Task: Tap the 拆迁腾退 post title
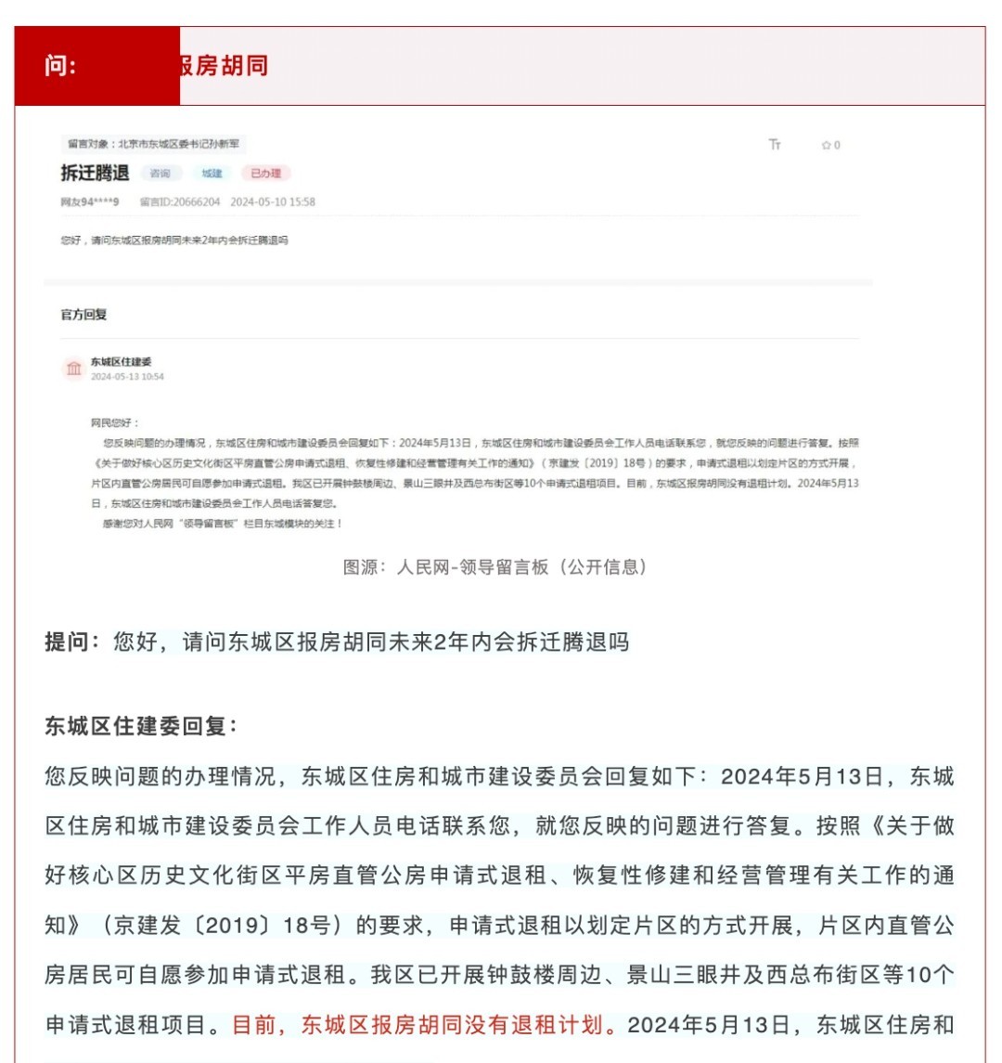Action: point(95,173)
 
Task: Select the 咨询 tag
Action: point(161,174)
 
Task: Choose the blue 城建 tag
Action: point(212,174)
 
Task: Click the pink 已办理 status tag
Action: point(265,174)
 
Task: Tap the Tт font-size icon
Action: point(775,145)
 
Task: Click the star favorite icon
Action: point(826,146)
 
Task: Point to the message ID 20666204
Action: point(180,201)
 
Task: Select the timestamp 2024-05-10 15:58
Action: point(273,201)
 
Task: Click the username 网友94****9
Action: point(90,201)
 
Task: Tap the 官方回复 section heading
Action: point(83,315)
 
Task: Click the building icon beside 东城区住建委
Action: point(74,369)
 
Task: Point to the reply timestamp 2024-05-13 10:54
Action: point(127,377)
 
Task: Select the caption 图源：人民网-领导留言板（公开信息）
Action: point(495,567)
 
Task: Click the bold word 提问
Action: point(71,642)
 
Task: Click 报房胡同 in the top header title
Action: point(223,66)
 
